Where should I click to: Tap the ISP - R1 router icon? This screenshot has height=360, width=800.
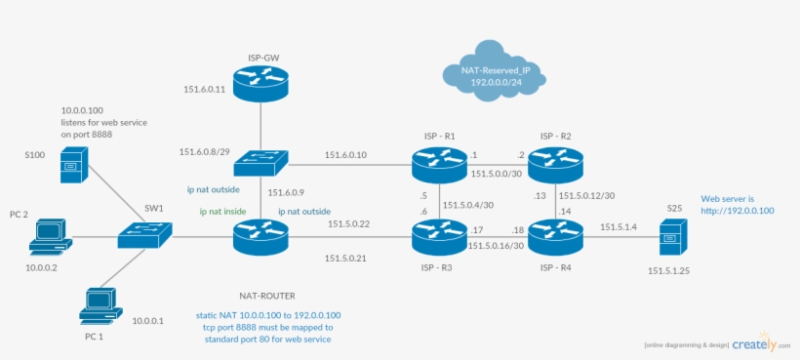pyautogui.click(x=439, y=163)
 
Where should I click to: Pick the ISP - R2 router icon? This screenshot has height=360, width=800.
pyautogui.click(x=555, y=163)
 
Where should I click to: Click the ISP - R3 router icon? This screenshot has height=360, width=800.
pyautogui.click(x=439, y=235)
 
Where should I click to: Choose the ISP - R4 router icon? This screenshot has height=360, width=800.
pyautogui.click(x=555, y=235)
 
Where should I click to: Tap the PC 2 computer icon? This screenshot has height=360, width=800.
pyautogui.click(x=49, y=235)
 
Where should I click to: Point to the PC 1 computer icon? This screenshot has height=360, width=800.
pyautogui.click(x=101, y=305)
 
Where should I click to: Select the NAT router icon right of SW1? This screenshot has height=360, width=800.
pyautogui.click(x=260, y=236)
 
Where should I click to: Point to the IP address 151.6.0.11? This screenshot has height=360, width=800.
pyautogui.click(x=205, y=90)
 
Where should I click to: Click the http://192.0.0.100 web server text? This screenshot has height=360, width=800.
pyautogui.click(x=737, y=210)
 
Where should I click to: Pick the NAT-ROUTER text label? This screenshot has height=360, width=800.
pyautogui.click(x=266, y=295)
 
